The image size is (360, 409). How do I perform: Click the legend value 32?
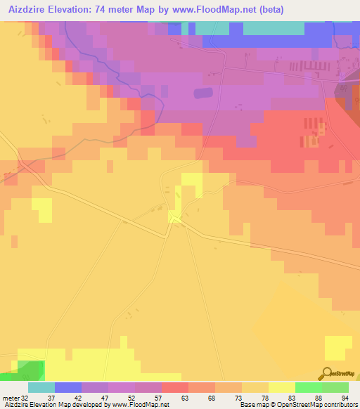point(25,398)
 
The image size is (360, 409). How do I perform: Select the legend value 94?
point(345,398)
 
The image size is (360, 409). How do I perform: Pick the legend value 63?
point(184,398)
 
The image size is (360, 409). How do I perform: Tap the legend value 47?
point(104,398)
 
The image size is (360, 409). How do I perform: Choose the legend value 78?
point(264,398)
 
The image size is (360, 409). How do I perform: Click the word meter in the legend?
point(10,398)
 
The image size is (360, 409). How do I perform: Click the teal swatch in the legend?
point(41,387)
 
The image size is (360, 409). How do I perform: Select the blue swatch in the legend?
point(67,387)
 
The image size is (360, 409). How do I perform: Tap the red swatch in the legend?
point(174,387)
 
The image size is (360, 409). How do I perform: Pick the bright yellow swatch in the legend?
point(281,387)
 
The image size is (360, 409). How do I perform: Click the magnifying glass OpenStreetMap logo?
point(328,373)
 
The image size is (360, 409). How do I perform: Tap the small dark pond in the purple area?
point(202,93)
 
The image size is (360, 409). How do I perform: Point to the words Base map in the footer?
point(252,405)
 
